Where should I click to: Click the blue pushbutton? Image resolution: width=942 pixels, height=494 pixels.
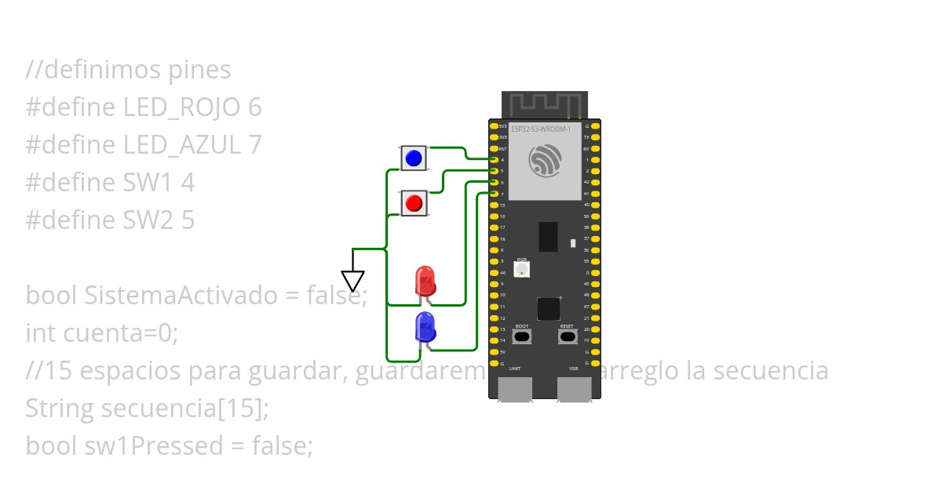point(413,158)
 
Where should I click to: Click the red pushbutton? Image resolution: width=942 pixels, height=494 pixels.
point(413,204)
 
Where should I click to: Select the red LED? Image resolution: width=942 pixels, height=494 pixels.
point(425,281)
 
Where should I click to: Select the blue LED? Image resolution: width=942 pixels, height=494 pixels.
point(425,326)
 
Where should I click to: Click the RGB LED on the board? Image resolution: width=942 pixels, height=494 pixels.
point(522,269)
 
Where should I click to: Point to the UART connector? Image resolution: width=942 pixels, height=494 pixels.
point(515,389)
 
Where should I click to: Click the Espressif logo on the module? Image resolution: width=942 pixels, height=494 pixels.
point(545,161)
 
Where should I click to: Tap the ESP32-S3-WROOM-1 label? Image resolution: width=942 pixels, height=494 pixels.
point(540,128)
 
